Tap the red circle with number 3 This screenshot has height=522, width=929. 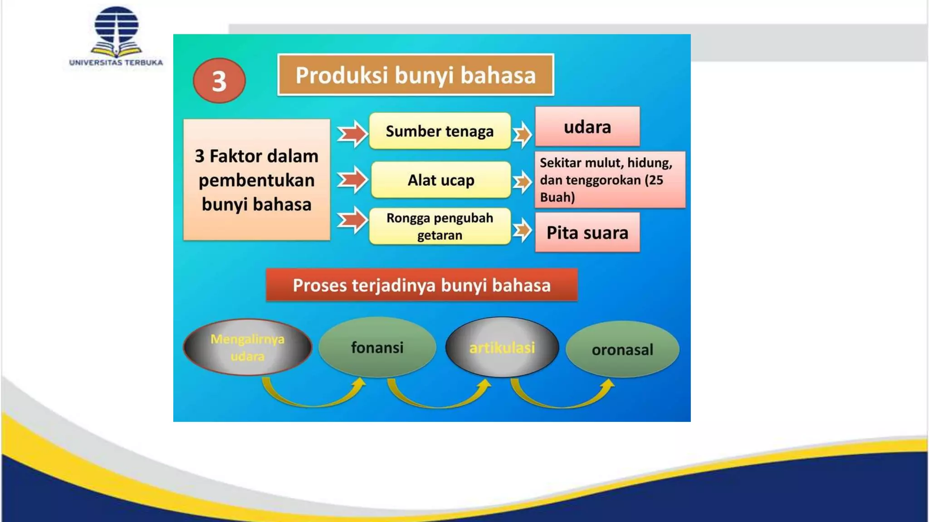(219, 81)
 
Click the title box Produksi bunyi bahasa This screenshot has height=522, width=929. (416, 75)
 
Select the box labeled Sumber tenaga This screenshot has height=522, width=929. (440, 131)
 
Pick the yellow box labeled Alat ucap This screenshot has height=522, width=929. (440, 180)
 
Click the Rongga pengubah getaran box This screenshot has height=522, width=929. (440, 227)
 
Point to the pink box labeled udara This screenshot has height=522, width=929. (587, 127)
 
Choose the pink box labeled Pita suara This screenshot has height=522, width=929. (587, 232)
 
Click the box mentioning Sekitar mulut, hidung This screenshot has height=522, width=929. (609, 180)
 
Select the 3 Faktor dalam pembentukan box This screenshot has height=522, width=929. (256, 180)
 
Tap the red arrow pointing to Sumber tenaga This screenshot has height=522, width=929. (352, 134)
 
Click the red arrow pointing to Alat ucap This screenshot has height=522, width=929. (352, 180)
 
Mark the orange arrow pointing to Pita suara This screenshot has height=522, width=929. (522, 230)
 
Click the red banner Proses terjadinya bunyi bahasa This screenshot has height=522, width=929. (421, 285)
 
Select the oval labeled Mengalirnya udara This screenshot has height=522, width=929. (247, 348)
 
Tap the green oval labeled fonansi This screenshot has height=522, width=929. (377, 348)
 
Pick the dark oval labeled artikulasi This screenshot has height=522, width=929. (502, 348)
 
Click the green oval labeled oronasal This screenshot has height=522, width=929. (622, 349)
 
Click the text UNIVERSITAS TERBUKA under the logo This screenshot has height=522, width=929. (116, 63)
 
